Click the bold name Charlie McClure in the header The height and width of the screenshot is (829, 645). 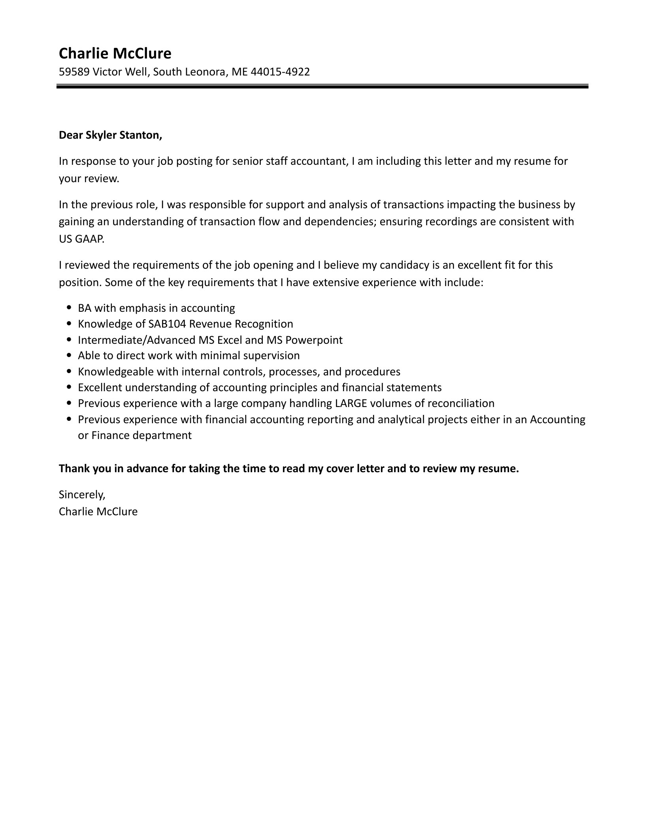point(115,53)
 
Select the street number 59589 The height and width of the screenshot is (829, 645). point(74,72)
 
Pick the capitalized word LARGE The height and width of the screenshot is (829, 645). point(351,403)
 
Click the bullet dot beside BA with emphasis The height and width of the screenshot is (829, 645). point(70,308)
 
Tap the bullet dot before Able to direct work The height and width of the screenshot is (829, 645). point(70,356)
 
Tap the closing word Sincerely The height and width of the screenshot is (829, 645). point(82,494)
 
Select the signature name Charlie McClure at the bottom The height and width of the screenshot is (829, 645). point(98,512)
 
